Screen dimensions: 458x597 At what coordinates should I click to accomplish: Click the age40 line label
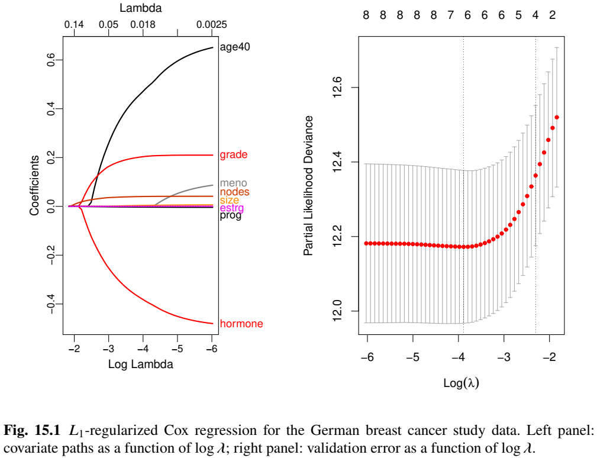(235, 47)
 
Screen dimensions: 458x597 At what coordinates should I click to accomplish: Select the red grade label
(233, 155)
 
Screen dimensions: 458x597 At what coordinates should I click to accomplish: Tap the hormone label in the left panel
(241, 324)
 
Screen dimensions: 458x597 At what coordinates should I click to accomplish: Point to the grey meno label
(233, 183)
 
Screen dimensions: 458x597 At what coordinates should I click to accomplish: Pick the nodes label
(234, 192)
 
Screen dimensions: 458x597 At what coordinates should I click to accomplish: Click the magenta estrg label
(231, 208)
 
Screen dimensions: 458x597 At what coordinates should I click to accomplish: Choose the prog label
(230, 216)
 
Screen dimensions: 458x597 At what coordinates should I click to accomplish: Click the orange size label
(230, 201)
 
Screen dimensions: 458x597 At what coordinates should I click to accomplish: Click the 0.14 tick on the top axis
(75, 25)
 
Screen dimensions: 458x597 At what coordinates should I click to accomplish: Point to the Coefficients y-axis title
(35, 185)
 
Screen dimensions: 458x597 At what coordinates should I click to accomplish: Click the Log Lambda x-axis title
(140, 365)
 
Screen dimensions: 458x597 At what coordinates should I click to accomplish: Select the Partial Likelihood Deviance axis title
(308, 186)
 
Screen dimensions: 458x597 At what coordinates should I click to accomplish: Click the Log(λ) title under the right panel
(461, 383)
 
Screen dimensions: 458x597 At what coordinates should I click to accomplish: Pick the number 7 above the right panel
(450, 15)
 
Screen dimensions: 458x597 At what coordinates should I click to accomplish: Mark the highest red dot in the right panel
(557, 117)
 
